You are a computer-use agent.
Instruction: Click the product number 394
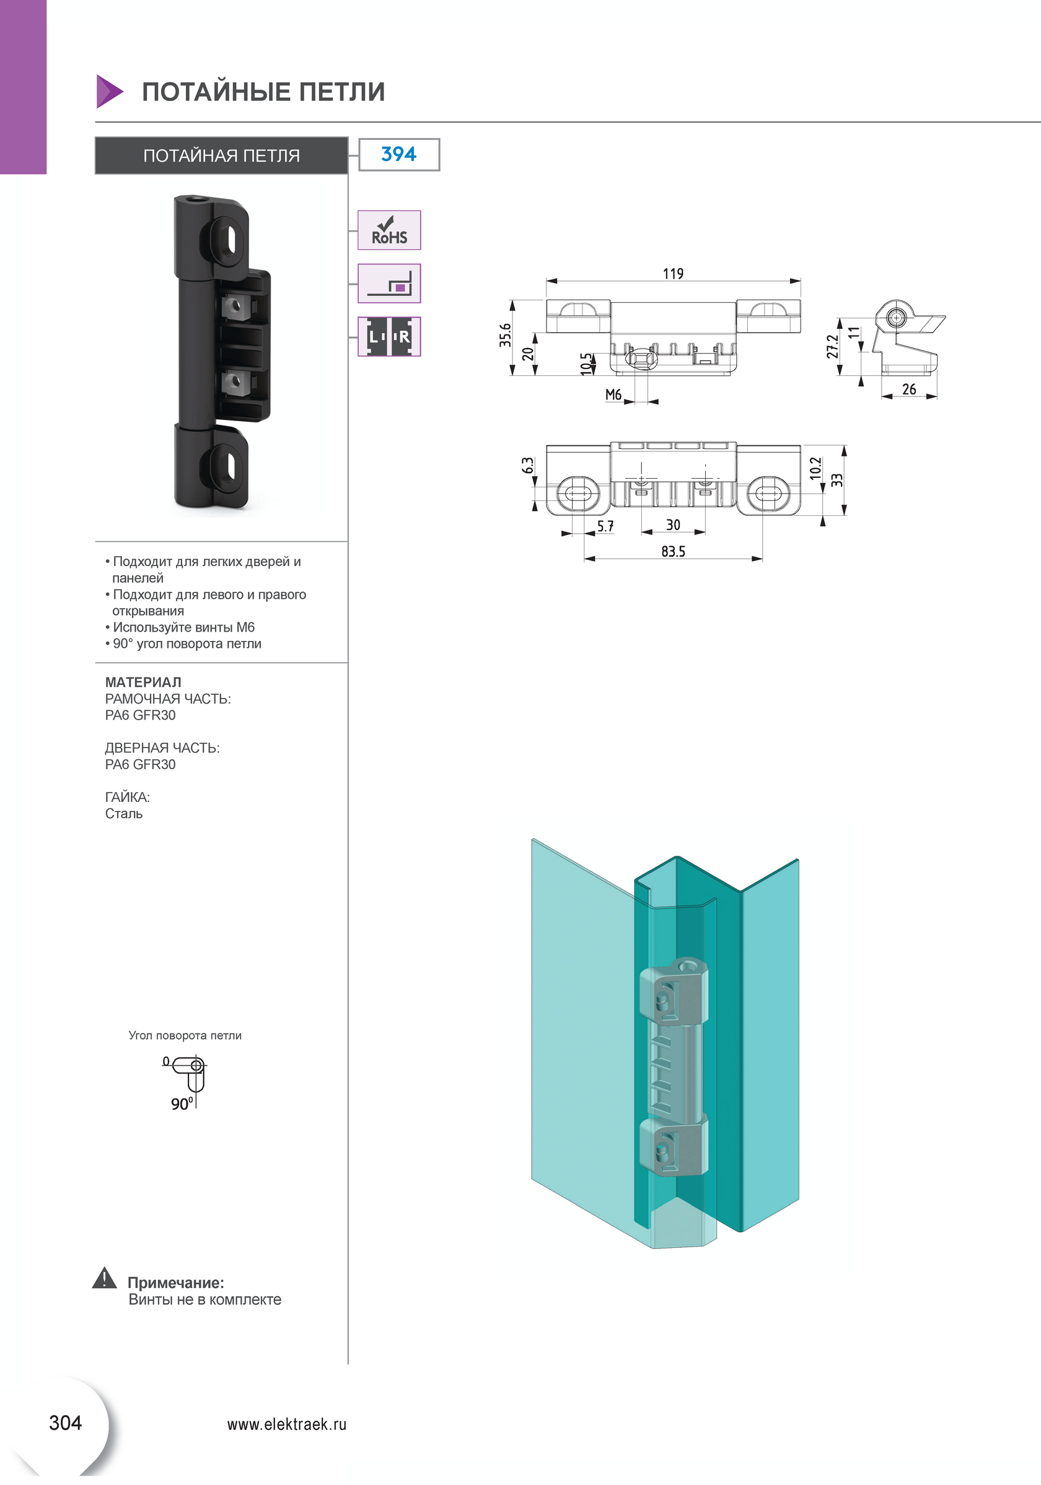[398, 154]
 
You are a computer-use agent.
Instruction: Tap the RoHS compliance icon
[389, 230]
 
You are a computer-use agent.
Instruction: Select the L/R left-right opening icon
[389, 336]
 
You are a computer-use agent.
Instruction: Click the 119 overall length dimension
[673, 274]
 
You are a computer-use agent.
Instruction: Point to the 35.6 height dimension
[505, 335]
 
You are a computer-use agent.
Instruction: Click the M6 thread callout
[613, 394]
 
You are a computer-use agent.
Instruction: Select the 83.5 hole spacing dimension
[673, 552]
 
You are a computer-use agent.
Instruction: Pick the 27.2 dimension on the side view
[833, 346]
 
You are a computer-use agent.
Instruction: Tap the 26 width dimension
[908, 389]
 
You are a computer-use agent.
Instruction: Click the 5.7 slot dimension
[605, 526]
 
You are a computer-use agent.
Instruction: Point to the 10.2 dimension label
[815, 468]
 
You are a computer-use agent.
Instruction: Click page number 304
[65, 1423]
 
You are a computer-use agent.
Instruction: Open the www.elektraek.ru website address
[287, 1424]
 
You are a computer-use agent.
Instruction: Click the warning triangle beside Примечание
[104, 1279]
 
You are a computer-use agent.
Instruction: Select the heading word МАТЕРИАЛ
[143, 682]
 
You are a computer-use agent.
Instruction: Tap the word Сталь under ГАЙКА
[123, 813]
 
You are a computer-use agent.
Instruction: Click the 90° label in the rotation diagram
[181, 1104]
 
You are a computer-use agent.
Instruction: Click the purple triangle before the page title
[108, 91]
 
